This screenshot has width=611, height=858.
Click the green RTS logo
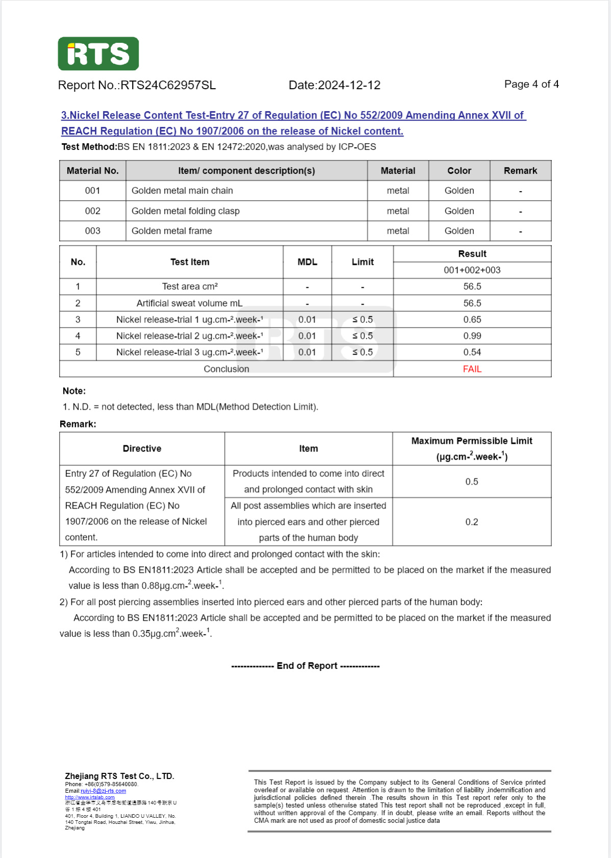[x=98, y=53]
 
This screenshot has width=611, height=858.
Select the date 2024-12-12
[x=349, y=85]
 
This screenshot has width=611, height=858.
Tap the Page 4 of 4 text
[x=531, y=84]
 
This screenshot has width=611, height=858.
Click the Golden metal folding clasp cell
[x=185, y=211]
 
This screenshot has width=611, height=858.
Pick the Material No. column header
[x=92, y=171]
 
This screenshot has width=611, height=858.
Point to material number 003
[x=92, y=231]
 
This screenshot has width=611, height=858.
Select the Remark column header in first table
[x=520, y=171]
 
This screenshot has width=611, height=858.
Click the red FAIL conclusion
[x=472, y=369]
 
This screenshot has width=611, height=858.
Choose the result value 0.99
[x=472, y=336]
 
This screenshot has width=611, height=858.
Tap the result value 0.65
[x=472, y=319]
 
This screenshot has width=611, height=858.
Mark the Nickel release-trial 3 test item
[x=189, y=352]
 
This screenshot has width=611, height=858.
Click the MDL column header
[x=307, y=262]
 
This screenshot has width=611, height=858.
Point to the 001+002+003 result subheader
[x=472, y=270]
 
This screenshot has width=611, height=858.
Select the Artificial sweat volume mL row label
[x=189, y=303]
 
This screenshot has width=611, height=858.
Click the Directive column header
[x=142, y=448]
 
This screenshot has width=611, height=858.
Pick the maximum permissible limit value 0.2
[x=472, y=522]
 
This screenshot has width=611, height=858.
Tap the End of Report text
[x=306, y=666]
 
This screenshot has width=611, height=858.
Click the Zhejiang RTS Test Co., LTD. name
[x=119, y=776]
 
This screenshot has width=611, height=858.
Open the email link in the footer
[x=103, y=791]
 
